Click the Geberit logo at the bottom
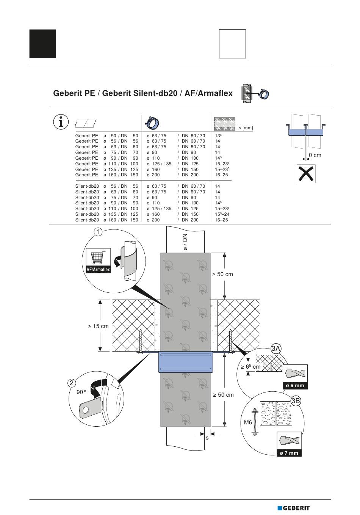[293, 508]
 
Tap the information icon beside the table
[61, 122]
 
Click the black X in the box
[306, 174]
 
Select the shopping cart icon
[98, 257]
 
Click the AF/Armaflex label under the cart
[98, 270]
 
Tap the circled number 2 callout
[72, 383]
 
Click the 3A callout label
[276, 349]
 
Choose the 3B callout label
[296, 401]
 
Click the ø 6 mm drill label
[295, 385]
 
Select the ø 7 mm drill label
[289, 453]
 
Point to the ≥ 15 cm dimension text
[98, 326]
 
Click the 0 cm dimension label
[315, 155]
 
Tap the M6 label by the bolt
[248, 422]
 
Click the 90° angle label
[81, 392]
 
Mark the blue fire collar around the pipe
[185, 362]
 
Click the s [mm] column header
[246, 127]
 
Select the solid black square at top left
[43, 44]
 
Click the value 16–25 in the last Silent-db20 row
[221, 220]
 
